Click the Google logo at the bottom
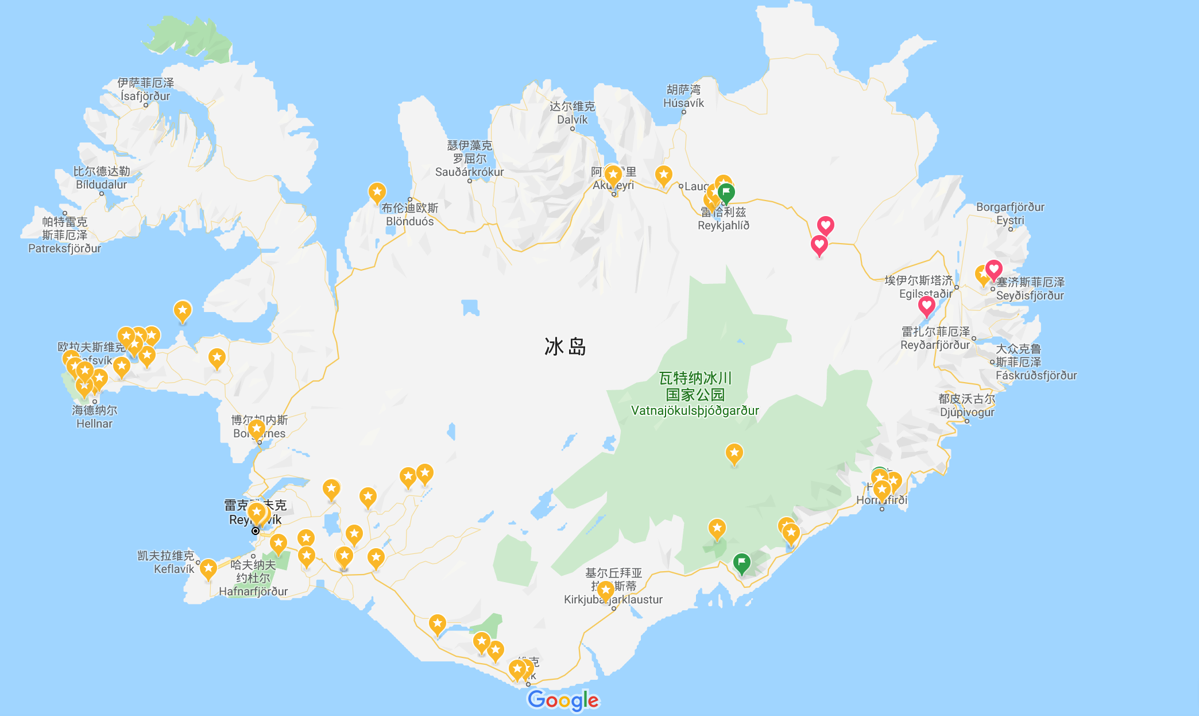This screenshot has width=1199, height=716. [563, 700]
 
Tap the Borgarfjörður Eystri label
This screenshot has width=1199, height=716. [1010, 213]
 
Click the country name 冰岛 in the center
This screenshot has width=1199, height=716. [565, 347]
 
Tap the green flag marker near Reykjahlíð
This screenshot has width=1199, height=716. [726, 193]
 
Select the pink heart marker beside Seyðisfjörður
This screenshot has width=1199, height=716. [994, 269]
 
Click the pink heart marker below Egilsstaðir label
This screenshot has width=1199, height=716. [926, 306]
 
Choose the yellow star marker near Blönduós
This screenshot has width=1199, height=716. [377, 192]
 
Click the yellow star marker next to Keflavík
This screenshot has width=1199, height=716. [208, 569]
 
